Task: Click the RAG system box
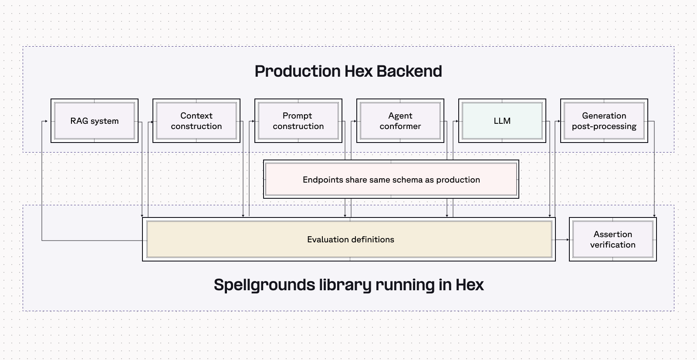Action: coord(95,121)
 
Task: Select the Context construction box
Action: coord(196,121)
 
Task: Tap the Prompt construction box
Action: coord(298,121)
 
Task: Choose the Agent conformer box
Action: coord(400,121)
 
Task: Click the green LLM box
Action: coord(502,121)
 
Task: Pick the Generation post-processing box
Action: coord(604,121)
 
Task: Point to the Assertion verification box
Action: coord(612,239)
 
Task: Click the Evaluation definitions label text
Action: coord(350,239)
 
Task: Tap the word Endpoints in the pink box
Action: coord(323,180)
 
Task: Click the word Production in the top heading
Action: coord(298,71)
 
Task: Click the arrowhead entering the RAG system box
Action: coord(46,122)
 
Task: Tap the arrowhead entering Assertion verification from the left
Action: coord(567,240)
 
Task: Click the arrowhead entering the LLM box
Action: coord(457,122)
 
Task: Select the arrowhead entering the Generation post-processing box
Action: coord(558,122)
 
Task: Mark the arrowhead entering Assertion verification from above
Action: coord(654,215)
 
